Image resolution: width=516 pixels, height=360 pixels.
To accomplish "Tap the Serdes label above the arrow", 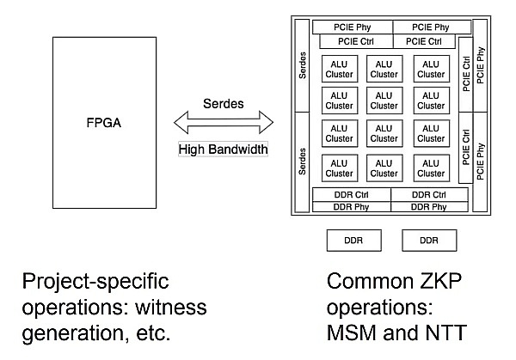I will pos(223,104).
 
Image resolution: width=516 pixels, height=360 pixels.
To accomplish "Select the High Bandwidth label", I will pos(223,149).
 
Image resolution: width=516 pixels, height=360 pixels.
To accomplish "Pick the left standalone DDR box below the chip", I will pos(353,241).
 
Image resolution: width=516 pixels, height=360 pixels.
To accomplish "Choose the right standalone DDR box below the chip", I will pos(428,241).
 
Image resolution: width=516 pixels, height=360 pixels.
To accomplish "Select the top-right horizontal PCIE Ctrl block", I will pos(423,41).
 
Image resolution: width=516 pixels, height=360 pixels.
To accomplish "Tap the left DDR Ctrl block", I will pos(352,195).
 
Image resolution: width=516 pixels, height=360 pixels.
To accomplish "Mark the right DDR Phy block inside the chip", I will pos(428,206).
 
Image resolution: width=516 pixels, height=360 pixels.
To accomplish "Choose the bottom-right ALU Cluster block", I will pos(432,167).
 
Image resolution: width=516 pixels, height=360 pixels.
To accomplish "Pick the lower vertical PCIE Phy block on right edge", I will pos(480,148).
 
